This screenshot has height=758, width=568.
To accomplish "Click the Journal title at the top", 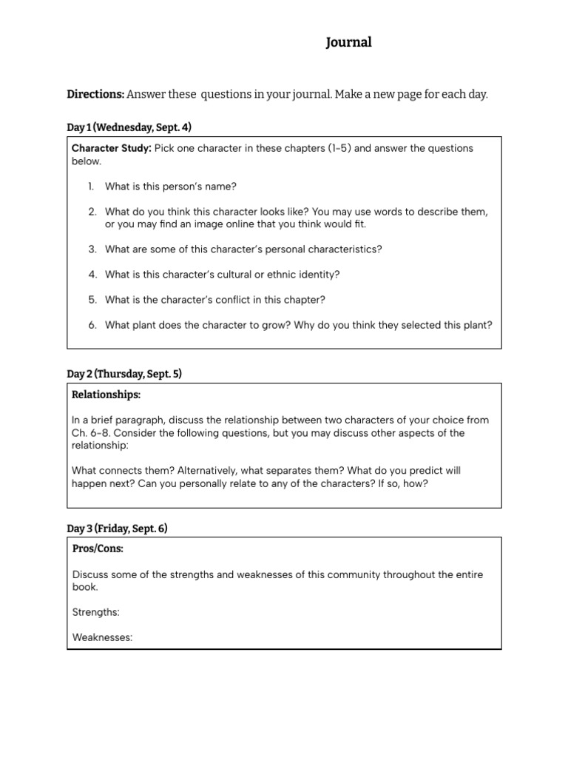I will click(x=349, y=43).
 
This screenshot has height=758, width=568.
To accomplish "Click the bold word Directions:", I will click(x=95, y=95).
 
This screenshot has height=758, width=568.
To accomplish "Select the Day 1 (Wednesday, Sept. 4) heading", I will click(x=129, y=127).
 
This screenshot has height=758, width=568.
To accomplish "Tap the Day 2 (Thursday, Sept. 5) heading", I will click(x=124, y=374).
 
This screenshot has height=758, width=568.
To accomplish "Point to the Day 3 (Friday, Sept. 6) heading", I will click(x=117, y=529).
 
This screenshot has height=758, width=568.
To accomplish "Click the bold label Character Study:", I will click(x=111, y=148).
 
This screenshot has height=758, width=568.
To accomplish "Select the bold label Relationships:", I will click(x=106, y=395).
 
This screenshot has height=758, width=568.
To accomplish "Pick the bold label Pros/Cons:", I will click(x=98, y=549).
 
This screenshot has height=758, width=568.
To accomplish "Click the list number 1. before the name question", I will click(x=92, y=187).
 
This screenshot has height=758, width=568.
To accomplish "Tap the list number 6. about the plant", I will click(x=92, y=325).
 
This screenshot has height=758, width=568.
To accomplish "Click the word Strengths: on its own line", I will click(x=96, y=612).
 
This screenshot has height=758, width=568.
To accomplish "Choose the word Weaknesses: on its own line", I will click(x=102, y=637).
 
